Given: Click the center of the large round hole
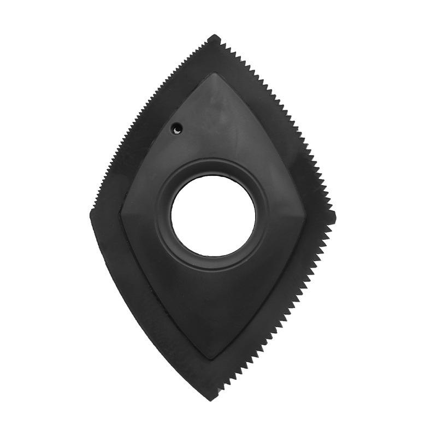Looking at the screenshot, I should coord(213,215).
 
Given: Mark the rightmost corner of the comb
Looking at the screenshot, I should coord(335,217).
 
